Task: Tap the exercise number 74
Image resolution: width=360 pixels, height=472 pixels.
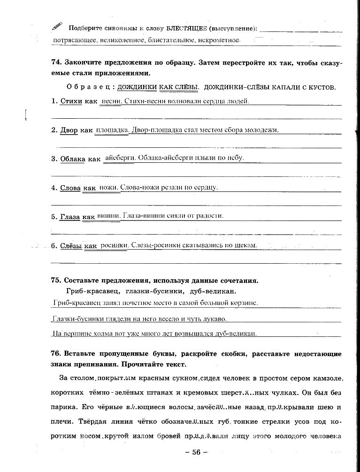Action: click(56, 62)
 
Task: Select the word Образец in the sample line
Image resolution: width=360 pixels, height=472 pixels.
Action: click(88, 87)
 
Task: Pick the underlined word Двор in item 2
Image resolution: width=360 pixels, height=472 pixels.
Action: click(69, 130)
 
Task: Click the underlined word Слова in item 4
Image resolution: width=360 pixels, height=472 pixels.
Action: click(70, 188)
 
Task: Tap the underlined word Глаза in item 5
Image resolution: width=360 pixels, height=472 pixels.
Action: click(70, 217)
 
